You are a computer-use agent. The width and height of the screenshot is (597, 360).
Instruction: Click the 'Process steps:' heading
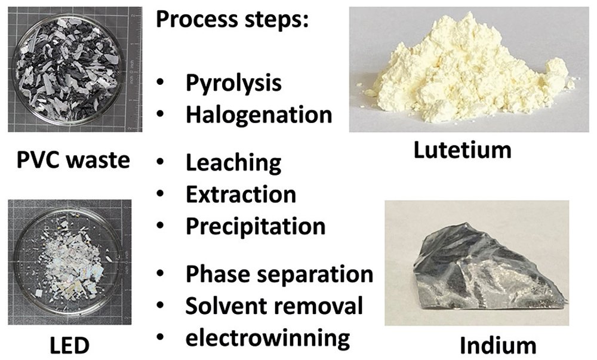click(x=232, y=20)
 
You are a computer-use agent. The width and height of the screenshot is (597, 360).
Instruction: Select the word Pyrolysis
click(x=233, y=84)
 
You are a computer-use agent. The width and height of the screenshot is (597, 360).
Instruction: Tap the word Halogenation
click(x=259, y=115)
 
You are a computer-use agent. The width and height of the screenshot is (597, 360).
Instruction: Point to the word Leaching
click(x=233, y=163)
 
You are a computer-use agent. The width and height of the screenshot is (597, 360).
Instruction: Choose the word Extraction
click(x=241, y=195)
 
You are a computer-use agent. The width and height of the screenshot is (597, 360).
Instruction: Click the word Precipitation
click(x=256, y=227)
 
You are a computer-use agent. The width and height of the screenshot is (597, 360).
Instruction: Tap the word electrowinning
click(x=267, y=339)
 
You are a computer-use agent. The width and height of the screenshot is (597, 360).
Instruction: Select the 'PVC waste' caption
click(x=73, y=160)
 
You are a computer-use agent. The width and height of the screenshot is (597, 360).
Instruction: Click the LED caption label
click(x=70, y=346)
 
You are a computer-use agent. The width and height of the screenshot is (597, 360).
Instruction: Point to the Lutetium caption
click(x=462, y=150)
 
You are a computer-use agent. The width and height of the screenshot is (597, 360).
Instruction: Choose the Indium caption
click(x=498, y=346)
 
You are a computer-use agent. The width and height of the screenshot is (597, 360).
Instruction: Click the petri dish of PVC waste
click(x=68, y=69)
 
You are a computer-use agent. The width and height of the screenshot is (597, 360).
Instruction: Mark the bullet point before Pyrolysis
click(x=160, y=82)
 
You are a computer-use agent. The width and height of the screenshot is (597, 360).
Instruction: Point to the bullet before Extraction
click(x=160, y=193)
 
